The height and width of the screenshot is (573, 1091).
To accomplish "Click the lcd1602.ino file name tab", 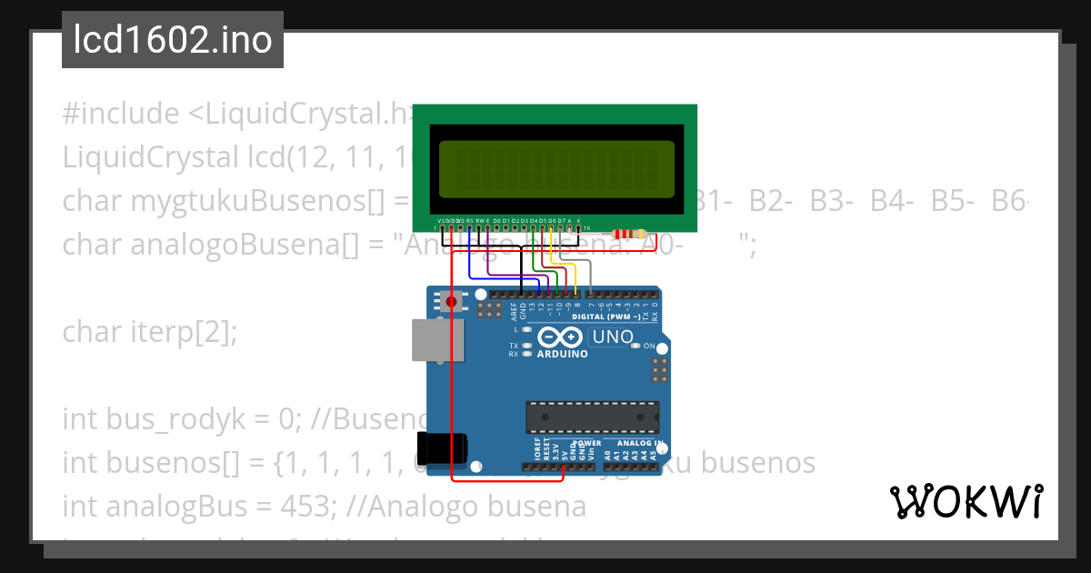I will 173,40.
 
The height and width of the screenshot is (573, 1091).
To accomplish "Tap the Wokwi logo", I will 966,501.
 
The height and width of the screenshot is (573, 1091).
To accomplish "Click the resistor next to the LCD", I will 628,234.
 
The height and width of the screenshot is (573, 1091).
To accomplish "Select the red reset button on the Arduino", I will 452,301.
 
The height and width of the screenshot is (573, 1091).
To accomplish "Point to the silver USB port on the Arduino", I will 431,339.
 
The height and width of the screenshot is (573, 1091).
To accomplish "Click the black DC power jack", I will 442,447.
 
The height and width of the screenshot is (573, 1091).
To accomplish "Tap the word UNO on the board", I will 613,337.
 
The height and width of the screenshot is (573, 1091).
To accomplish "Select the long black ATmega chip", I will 591,417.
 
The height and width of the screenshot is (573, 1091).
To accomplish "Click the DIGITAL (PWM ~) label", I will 605,317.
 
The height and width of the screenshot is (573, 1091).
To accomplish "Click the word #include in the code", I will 121,114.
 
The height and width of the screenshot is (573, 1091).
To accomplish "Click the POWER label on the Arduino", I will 587,443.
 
